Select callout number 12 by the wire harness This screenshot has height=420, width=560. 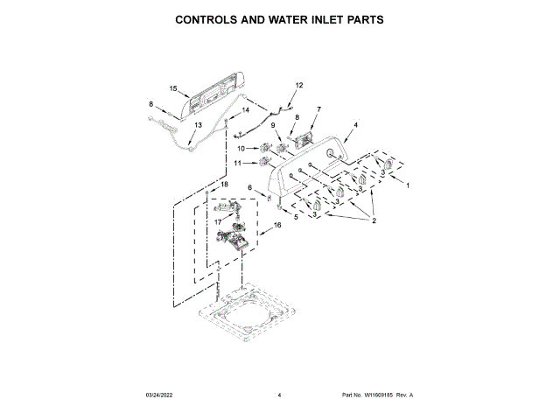pyautogui.click(x=298, y=85)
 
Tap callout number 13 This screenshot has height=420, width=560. pyautogui.click(x=197, y=125)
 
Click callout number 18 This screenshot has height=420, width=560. pyautogui.click(x=223, y=185)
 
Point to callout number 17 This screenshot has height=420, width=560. pyautogui.click(x=217, y=222)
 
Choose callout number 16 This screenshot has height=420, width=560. pyautogui.click(x=277, y=225)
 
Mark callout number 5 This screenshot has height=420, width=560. pyautogui.click(x=295, y=216)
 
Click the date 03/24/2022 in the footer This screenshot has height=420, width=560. pyautogui.click(x=162, y=395)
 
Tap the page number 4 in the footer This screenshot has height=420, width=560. pyautogui.click(x=279, y=395)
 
